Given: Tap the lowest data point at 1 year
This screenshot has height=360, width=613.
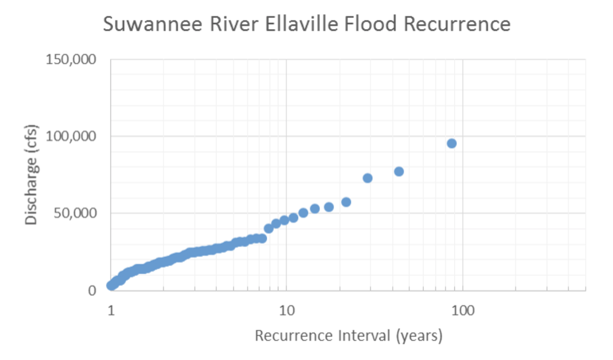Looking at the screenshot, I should click(x=111, y=285).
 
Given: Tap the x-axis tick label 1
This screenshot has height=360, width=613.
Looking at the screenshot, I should click(x=111, y=310).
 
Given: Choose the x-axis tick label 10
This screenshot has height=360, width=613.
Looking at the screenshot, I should click(x=286, y=310).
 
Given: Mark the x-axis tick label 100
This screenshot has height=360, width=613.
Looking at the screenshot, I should click(x=462, y=310).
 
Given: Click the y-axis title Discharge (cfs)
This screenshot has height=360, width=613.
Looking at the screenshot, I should click(x=31, y=175).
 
